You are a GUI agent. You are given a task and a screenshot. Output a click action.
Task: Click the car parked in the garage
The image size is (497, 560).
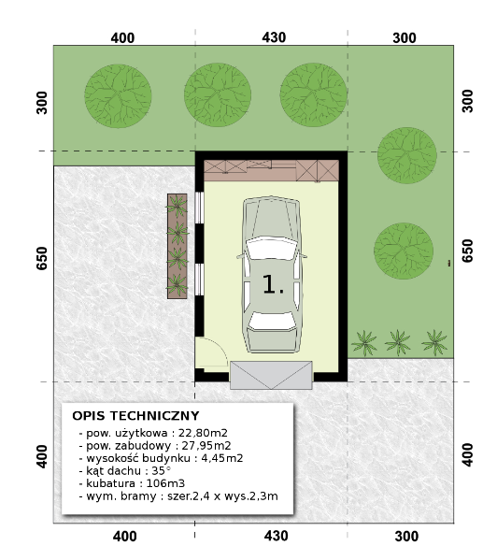pos(272,274)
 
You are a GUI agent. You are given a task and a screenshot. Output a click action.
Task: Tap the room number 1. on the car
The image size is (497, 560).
pos(274,284)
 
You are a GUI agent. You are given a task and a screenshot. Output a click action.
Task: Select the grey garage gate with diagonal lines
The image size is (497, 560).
pos(271,375)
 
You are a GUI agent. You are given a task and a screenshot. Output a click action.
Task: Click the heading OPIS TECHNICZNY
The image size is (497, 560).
pos(135,416)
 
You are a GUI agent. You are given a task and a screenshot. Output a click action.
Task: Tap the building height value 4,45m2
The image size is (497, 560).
pos(222,458)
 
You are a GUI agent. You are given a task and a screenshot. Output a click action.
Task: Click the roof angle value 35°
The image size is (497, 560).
pos(161,470)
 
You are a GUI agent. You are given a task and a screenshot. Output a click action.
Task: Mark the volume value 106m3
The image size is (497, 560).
pos(165,483)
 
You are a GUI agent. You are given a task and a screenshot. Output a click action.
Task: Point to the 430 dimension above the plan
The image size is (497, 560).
pos(274,37)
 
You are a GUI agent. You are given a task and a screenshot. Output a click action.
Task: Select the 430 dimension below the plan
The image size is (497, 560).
pos(277,536)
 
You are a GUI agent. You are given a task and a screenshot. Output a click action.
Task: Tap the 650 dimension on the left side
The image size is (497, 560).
pos(42,258)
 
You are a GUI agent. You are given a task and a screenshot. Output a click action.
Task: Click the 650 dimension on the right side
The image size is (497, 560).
pos(467,251)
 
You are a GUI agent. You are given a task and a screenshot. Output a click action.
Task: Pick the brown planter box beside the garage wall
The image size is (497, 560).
pos(177,246)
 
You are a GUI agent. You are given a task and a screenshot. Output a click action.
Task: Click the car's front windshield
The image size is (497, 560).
pos(272,248)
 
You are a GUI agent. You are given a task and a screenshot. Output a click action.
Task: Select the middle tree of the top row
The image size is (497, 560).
pos(218,95)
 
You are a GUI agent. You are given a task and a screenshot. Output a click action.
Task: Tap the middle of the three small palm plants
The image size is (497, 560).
pos(397,343)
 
